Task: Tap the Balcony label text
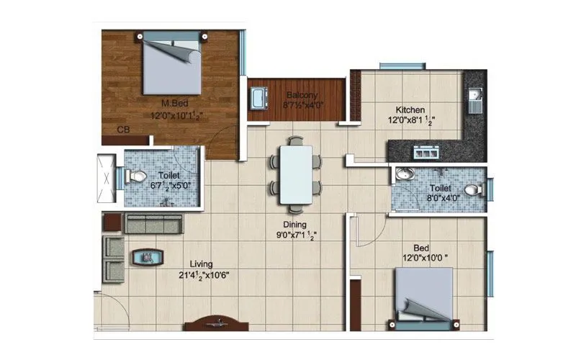click(297, 95)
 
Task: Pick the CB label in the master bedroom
click(124, 130)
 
